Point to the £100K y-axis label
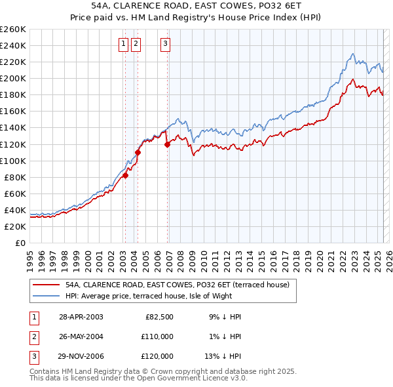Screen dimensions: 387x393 13,161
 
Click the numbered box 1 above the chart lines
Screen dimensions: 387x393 124,44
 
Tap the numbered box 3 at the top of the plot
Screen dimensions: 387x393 165,44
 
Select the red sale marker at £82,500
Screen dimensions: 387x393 125,175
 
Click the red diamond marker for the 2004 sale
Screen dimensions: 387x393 138,152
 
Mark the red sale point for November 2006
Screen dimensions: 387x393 167,144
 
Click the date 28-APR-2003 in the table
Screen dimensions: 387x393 81,317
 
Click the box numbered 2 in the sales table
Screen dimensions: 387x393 33,336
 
